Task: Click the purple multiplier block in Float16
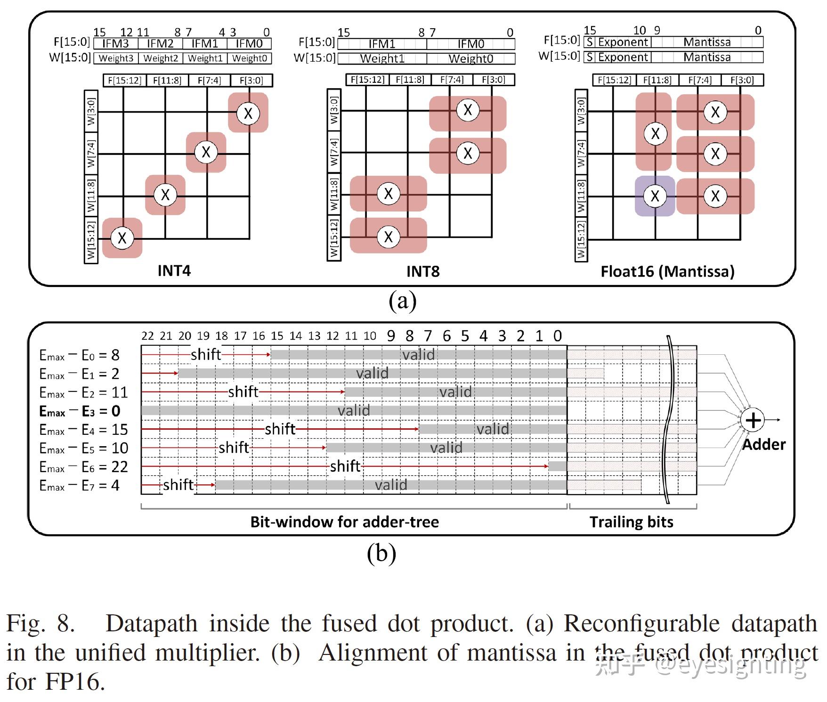pyautogui.click(x=655, y=196)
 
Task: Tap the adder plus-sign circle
pyautogui.click(x=753, y=420)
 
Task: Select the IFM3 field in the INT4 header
pyautogui.click(x=115, y=44)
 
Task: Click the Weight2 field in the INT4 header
pyautogui.click(x=161, y=58)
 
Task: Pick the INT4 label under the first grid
pyautogui.click(x=174, y=271)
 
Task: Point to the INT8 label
pyautogui.click(x=422, y=271)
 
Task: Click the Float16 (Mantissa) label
pyautogui.click(x=667, y=271)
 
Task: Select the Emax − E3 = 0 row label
pyautogui.click(x=80, y=411)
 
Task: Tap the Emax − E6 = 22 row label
pyautogui.click(x=83, y=467)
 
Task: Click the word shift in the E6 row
pyautogui.click(x=345, y=466)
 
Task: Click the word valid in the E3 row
pyautogui.click(x=354, y=410)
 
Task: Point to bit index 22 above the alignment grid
pyautogui.click(x=147, y=336)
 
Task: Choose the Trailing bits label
pyautogui.click(x=631, y=522)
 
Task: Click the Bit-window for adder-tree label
pyautogui.click(x=344, y=522)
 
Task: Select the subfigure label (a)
pyautogui.click(x=402, y=301)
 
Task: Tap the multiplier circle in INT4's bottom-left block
pyautogui.click(x=122, y=238)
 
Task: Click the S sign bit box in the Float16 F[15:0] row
pyautogui.click(x=589, y=42)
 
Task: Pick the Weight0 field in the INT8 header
pyautogui.click(x=470, y=58)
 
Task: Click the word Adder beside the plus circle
pyautogui.click(x=763, y=444)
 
